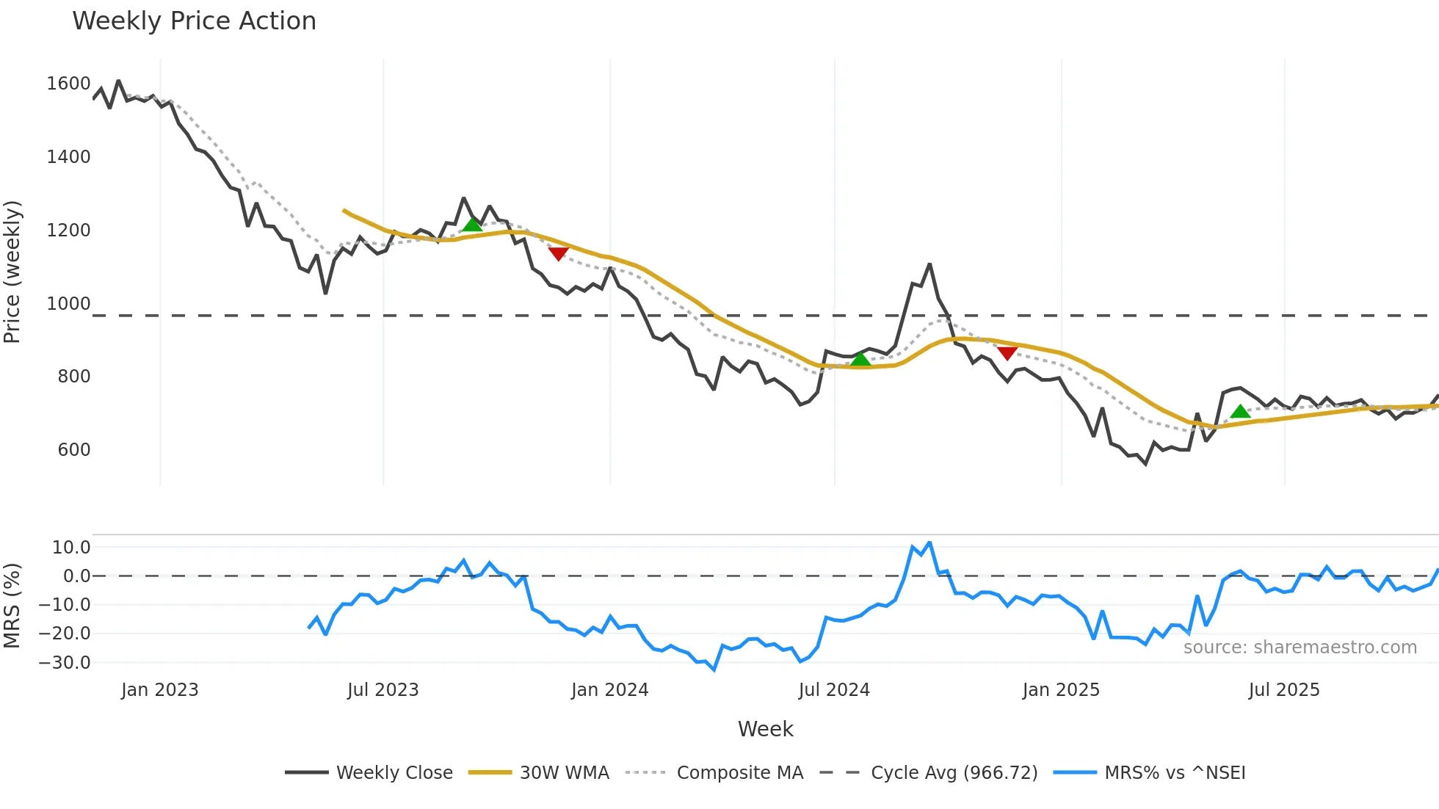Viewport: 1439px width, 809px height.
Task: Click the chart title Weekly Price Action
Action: pyautogui.click(x=194, y=21)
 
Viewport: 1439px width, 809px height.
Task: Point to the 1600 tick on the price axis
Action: pyautogui.click(x=68, y=84)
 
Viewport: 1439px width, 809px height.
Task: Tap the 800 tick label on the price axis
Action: pyautogui.click(x=74, y=377)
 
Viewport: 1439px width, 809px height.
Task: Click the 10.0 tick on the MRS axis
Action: pyautogui.click(x=71, y=547)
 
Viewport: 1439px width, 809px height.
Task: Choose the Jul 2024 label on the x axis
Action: pyautogui.click(x=834, y=690)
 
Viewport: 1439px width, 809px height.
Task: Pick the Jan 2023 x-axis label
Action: pyautogui.click(x=160, y=690)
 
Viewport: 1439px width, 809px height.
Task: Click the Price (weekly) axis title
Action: pyautogui.click(x=12, y=272)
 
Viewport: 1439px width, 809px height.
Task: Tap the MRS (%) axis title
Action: pyautogui.click(x=12, y=606)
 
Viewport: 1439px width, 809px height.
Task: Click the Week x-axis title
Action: pyautogui.click(x=765, y=729)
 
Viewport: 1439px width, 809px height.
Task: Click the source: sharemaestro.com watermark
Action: pyautogui.click(x=1300, y=647)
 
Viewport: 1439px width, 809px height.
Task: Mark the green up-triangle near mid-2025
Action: pyautogui.click(x=1240, y=411)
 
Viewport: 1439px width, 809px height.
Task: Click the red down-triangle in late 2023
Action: pyautogui.click(x=559, y=254)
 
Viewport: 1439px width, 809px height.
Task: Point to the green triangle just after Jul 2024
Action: pyautogui.click(x=860, y=359)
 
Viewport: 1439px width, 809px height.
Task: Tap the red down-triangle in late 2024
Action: pyautogui.click(x=1007, y=353)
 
